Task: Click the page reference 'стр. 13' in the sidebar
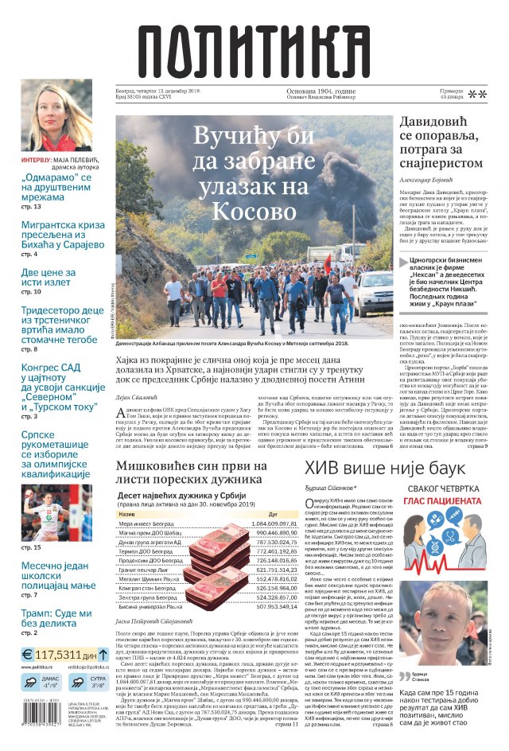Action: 31,207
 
